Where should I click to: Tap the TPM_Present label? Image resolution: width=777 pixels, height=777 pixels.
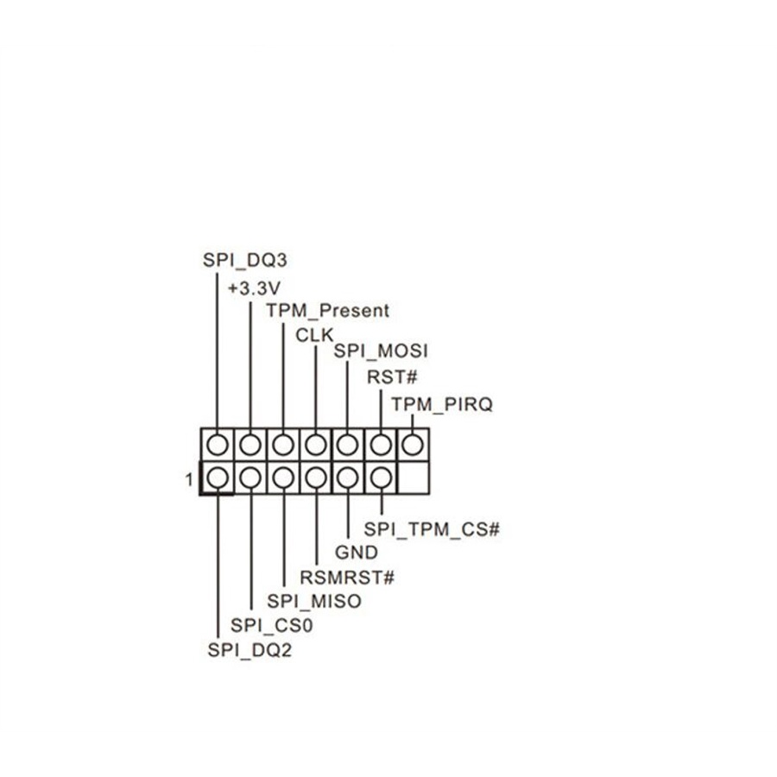tap(327, 310)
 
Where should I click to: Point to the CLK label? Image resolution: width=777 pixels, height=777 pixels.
tap(314, 334)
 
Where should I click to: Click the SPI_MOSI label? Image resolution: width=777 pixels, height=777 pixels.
tap(381, 351)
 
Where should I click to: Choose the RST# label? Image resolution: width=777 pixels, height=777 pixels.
tap(392, 377)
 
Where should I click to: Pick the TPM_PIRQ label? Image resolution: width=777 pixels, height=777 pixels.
tap(442, 404)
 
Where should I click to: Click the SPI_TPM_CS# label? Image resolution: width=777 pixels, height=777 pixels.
tap(432, 529)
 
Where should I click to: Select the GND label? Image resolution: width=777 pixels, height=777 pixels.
tap(357, 553)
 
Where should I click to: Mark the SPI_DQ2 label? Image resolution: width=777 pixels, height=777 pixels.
tap(250, 650)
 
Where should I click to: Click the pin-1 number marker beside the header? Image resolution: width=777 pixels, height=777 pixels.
tap(189, 477)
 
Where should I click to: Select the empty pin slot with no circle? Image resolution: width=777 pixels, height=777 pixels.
tap(414, 477)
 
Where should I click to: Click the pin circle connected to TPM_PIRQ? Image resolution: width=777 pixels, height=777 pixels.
tap(414, 444)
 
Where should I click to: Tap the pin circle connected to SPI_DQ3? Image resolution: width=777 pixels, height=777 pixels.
tap(218, 444)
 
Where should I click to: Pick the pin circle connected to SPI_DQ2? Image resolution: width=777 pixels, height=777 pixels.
tap(218, 477)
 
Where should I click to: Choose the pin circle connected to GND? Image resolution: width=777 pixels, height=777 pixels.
tap(348, 477)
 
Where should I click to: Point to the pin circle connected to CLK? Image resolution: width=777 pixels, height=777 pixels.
tap(316, 444)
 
